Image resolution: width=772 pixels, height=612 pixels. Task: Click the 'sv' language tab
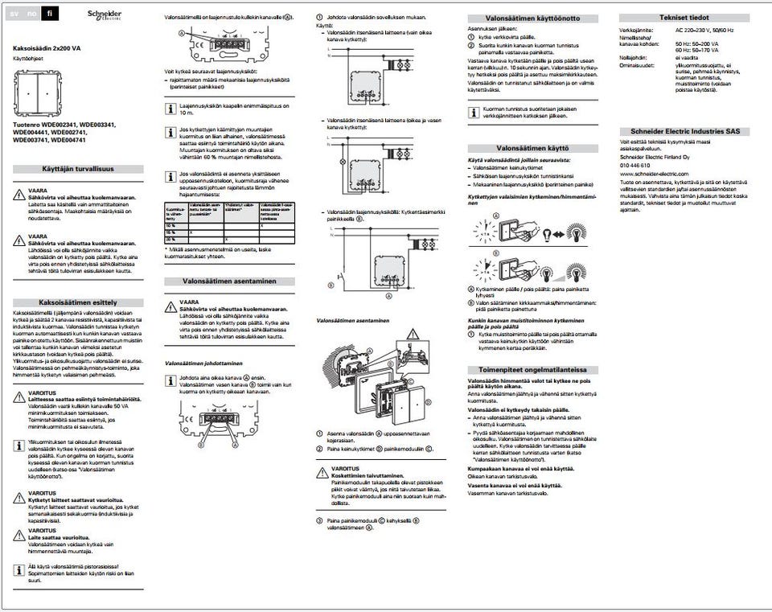(x=14, y=14)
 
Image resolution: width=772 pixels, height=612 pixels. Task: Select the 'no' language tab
(x=31, y=14)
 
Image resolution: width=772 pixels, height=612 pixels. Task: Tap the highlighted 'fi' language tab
(x=49, y=14)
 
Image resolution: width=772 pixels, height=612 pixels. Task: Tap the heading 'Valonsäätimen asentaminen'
(x=230, y=281)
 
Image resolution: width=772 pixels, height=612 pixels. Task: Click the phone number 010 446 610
(x=635, y=165)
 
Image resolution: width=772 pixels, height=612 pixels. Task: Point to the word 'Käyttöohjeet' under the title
(x=29, y=59)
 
